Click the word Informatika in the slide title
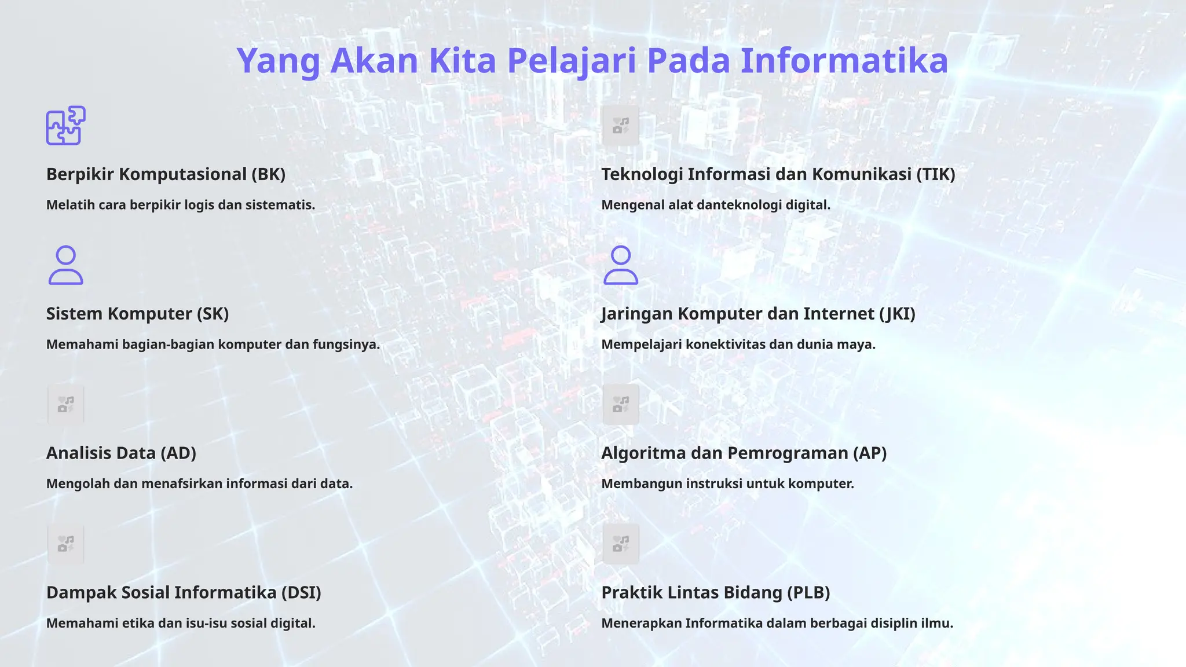pos(844,61)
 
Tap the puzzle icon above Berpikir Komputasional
pos(66,125)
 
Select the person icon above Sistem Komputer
pos(66,265)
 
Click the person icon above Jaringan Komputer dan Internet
pos(621,265)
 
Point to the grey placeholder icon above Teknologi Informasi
pos(621,126)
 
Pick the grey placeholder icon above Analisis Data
pos(66,404)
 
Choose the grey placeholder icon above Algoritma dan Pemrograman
pos(621,404)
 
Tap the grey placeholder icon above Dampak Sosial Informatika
pos(66,544)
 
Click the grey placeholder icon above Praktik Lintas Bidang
pos(621,544)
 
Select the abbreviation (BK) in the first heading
pos(268,174)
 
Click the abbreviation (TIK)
pos(935,174)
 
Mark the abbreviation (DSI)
pos(301,593)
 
